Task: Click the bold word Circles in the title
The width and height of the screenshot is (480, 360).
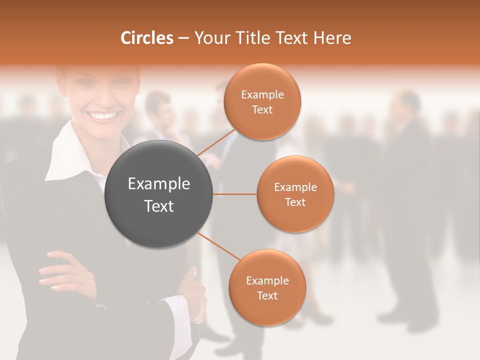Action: pos(147,38)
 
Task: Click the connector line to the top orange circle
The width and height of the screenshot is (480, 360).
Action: pos(216,142)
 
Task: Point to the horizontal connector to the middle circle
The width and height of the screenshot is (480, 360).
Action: pos(234,194)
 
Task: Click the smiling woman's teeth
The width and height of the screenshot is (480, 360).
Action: pos(102,116)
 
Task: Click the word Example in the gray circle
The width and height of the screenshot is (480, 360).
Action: pos(159,184)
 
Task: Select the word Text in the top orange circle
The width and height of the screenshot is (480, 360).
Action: pos(262,109)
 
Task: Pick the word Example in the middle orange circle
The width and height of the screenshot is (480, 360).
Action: pos(295,187)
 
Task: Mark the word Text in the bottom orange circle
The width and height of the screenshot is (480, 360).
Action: pos(267,295)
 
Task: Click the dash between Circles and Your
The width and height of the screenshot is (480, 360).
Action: pos(183,38)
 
